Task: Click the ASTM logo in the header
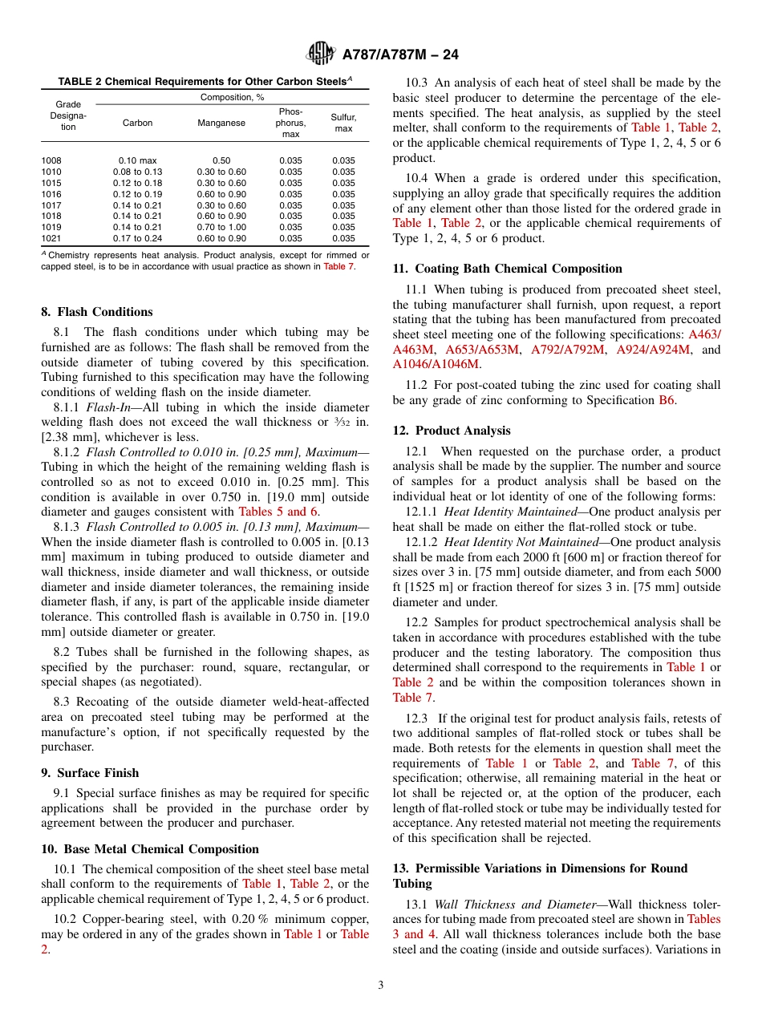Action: (321, 55)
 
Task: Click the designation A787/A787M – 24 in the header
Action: (400, 55)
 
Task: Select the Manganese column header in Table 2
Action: (221, 123)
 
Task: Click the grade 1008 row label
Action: (51, 160)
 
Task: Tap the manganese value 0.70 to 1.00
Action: (221, 227)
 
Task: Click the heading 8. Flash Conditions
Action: (96, 312)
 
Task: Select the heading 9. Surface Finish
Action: (90, 773)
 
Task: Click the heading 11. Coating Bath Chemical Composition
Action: (508, 269)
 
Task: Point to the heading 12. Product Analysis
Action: (452, 431)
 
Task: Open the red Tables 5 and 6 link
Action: (278, 512)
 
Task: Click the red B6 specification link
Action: (667, 400)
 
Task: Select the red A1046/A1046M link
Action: (436, 363)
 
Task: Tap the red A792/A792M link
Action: (567, 349)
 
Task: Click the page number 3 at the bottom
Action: (381, 986)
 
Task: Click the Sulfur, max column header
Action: (343, 123)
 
